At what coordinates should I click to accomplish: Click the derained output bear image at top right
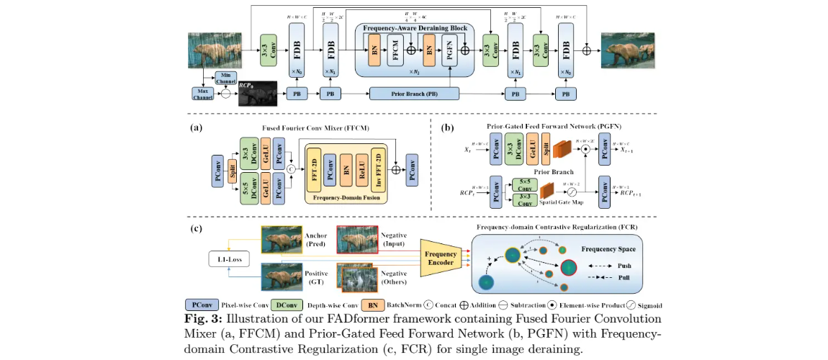tap(627, 51)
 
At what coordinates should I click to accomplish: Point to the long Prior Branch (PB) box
tap(414, 94)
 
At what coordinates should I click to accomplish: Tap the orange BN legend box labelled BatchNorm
tap(372, 304)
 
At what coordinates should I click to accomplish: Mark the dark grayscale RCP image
tap(258, 93)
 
